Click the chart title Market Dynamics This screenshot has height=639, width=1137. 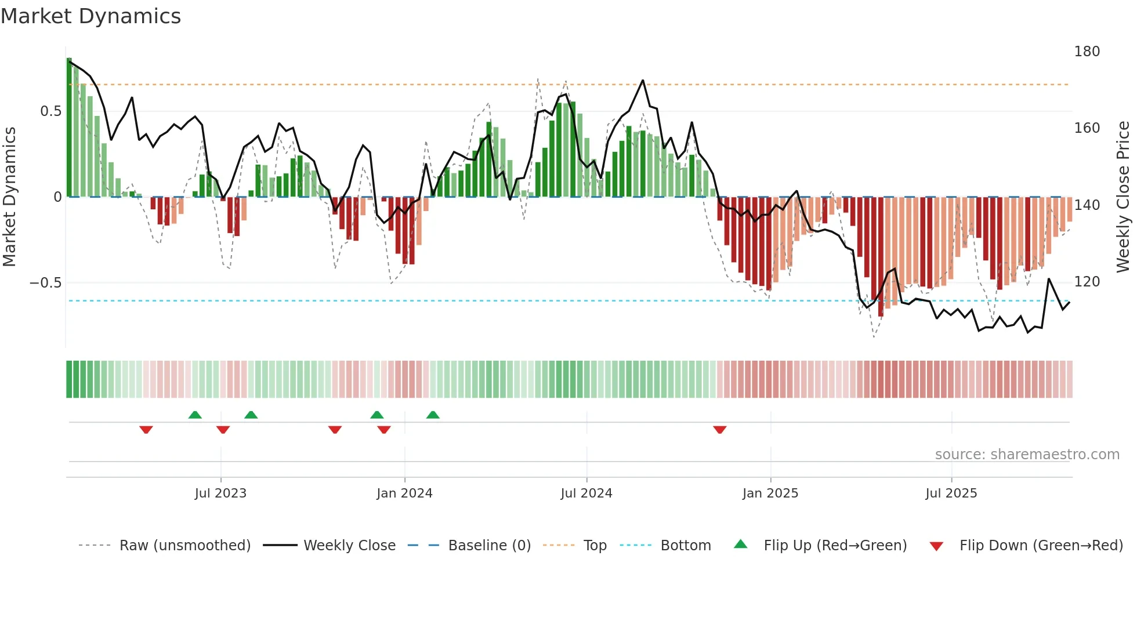click(x=90, y=16)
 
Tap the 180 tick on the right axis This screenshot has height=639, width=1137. click(x=1087, y=52)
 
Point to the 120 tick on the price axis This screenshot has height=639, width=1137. click(x=1087, y=282)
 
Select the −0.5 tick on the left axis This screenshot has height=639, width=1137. click(x=45, y=283)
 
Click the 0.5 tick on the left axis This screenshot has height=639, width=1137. click(x=50, y=111)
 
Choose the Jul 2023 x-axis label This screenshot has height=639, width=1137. click(x=220, y=493)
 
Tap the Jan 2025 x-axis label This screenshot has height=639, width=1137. click(x=770, y=493)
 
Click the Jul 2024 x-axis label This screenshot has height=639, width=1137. click(x=586, y=493)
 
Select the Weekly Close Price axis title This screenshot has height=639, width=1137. click(x=1123, y=197)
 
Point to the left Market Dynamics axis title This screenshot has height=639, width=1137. click(x=9, y=197)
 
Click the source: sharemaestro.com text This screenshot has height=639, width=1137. click(x=1027, y=455)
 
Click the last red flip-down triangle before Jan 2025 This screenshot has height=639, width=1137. click(x=719, y=430)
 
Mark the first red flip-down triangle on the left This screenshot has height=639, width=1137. click(x=146, y=430)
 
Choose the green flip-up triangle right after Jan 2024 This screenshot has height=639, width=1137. click(x=433, y=415)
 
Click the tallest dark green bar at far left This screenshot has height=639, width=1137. click(x=69, y=128)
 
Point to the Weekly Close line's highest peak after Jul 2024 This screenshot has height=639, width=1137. click(x=643, y=81)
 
